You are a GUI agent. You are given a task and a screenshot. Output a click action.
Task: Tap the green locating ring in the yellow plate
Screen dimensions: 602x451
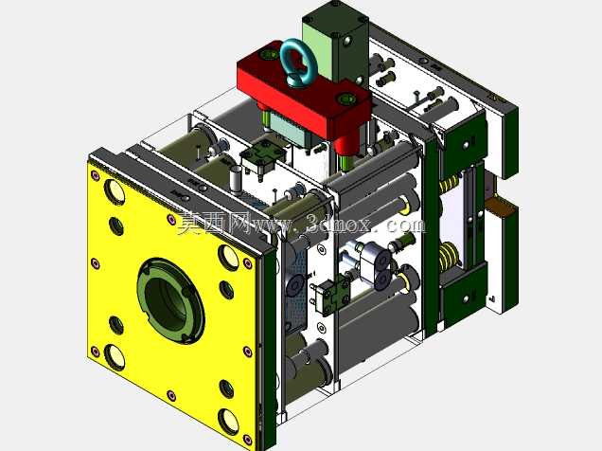coord(170,300)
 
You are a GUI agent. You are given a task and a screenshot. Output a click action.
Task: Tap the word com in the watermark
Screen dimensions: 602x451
coord(405,225)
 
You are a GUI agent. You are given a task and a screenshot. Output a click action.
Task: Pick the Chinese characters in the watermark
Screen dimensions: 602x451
coord(214,224)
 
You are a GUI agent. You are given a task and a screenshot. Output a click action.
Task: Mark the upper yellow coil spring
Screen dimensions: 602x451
coord(450,184)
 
